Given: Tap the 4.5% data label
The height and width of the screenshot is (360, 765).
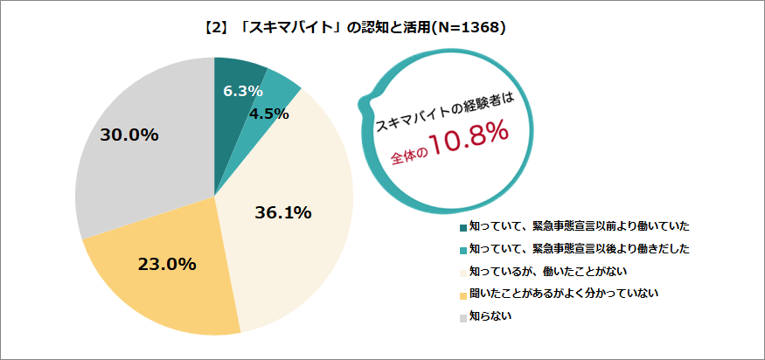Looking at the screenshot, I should (x=268, y=114).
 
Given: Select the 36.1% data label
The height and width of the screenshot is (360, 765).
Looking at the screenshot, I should (x=283, y=212).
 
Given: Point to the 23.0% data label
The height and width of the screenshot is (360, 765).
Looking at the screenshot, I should (x=166, y=264).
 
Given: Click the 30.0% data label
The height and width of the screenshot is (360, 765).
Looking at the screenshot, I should (x=129, y=135).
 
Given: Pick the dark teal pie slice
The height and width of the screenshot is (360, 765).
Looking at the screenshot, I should (x=231, y=74).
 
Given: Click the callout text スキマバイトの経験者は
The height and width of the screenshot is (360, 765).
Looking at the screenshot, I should (x=442, y=111).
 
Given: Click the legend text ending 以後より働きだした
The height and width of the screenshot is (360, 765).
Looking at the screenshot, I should (x=578, y=249).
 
